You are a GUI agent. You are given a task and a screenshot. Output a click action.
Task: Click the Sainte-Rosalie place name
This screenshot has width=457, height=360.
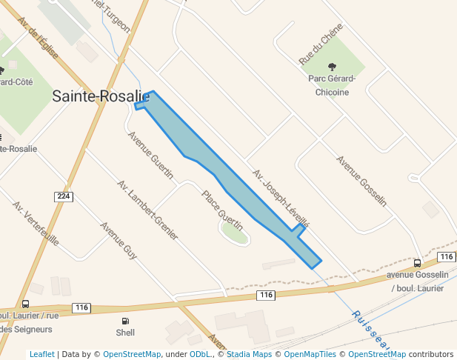(x=101, y=96)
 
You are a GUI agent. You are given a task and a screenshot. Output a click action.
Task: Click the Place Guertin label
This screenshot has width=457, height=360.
(x=223, y=208)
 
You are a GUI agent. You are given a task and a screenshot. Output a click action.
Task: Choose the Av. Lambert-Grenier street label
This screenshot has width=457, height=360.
(x=147, y=210)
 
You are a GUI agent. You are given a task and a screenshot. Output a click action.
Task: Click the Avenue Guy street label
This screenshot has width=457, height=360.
(x=119, y=241)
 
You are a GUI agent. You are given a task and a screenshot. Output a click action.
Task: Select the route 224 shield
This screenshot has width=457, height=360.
(x=64, y=196)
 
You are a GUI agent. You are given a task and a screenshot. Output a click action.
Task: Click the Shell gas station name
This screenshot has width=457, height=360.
(x=125, y=333)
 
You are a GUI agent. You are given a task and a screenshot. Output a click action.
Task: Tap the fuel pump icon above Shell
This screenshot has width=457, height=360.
(x=125, y=321)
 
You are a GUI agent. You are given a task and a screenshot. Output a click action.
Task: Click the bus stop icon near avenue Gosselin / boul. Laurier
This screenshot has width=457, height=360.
(x=418, y=263)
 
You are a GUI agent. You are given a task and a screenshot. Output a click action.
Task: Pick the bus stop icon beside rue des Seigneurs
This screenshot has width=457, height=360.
(x=26, y=304)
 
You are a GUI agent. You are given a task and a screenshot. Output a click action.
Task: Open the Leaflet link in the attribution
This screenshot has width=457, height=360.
(x=41, y=354)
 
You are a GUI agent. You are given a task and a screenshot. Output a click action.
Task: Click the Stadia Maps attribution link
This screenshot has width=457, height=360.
(x=249, y=354)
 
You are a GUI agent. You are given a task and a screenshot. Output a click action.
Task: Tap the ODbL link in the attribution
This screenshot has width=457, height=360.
(x=199, y=354)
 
